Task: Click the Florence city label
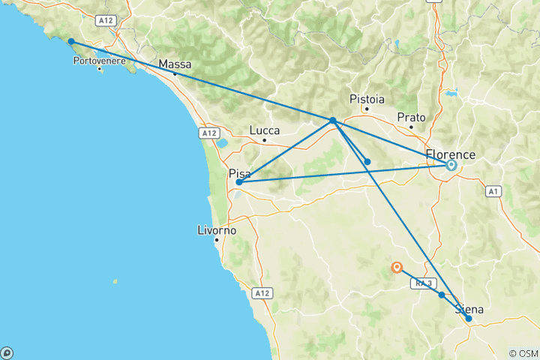pyautogui.click(x=450, y=155)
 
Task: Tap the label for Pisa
pyautogui.click(x=239, y=173)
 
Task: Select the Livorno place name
pyautogui.click(x=215, y=230)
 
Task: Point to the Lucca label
pyautogui.click(x=265, y=130)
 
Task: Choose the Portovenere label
pyautogui.click(x=98, y=60)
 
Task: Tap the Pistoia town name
pyautogui.click(x=367, y=99)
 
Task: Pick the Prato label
pyautogui.click(x=412, y=117)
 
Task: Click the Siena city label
pyautogui.click(x=468, y=309)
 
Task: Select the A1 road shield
pyautogui.click(x=493, y=192)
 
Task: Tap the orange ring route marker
pyautogui.click(x=397, y=267)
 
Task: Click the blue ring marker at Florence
pyautogui.click(x=451, y=166)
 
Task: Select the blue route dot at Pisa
pyautogui.click(x=238, y=181)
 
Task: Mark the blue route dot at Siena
pyautogui.click(x=469, y=319)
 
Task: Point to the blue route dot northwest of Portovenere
pyautogui.click(x=70, y=42)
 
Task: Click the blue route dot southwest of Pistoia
pyautogui.click(x=332, y=120)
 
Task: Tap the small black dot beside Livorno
pyautogui.click(x=216, y=240)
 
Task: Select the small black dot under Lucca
pyautogui.click(x=264, y=139)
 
